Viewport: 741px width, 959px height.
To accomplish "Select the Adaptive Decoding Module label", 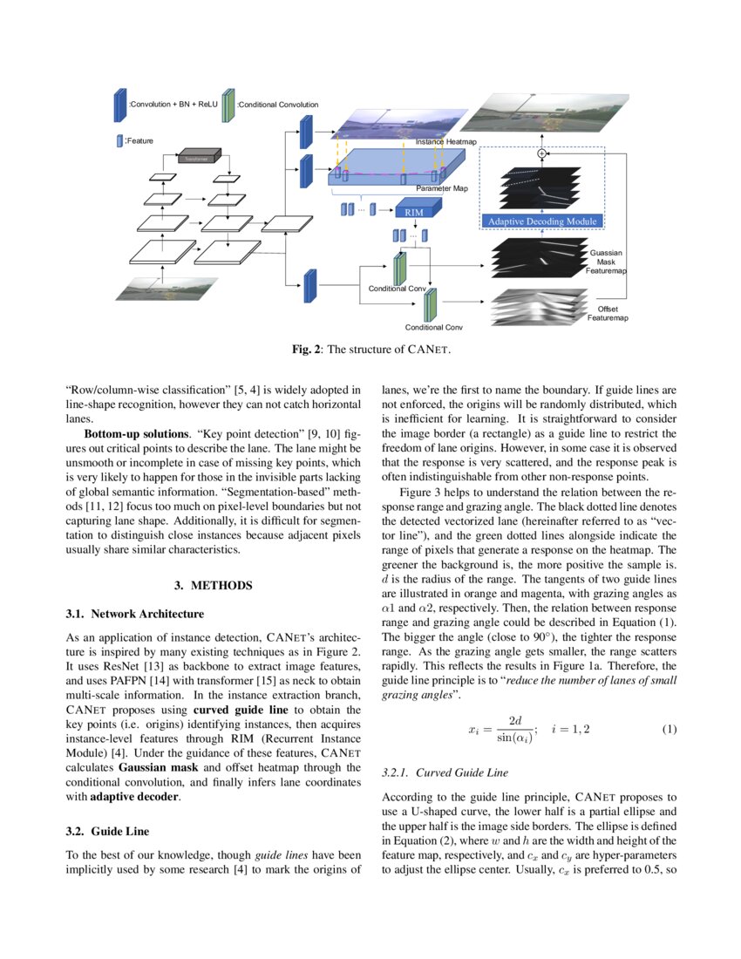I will tap(542, 221).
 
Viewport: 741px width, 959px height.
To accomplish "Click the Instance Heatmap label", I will tap(445, 141).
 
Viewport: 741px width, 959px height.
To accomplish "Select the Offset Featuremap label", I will tap(607, 314).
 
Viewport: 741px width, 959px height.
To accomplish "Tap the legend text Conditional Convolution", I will tap(277, 105).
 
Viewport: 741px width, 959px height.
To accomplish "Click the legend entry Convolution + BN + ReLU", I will tap(173, 105).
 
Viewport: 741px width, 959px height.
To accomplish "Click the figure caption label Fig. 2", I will tap(309, 351).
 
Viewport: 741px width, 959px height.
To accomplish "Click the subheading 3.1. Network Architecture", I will tap(135, 615).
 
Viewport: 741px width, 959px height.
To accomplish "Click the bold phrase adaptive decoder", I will tap(125, 797).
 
